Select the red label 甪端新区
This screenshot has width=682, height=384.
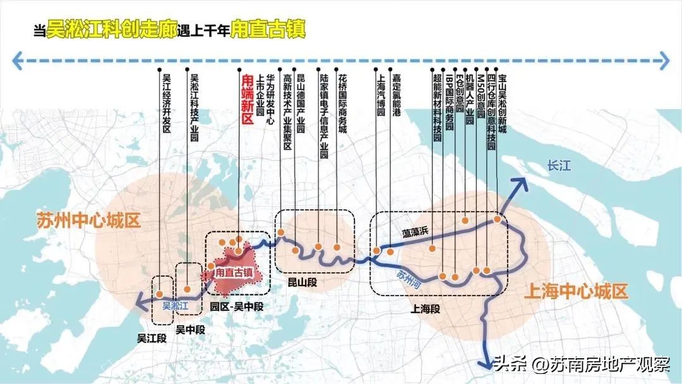tap(248, 100)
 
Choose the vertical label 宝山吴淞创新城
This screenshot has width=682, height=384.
tap(503, 100)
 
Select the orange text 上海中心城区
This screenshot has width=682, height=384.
tap(576, 292)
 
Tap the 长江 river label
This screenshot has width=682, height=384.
tap(559, 166)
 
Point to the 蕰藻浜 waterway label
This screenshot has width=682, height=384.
tap(416, 232)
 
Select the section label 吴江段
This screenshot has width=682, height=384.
tap(152, 338)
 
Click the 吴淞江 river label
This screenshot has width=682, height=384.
tap(176, 306)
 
